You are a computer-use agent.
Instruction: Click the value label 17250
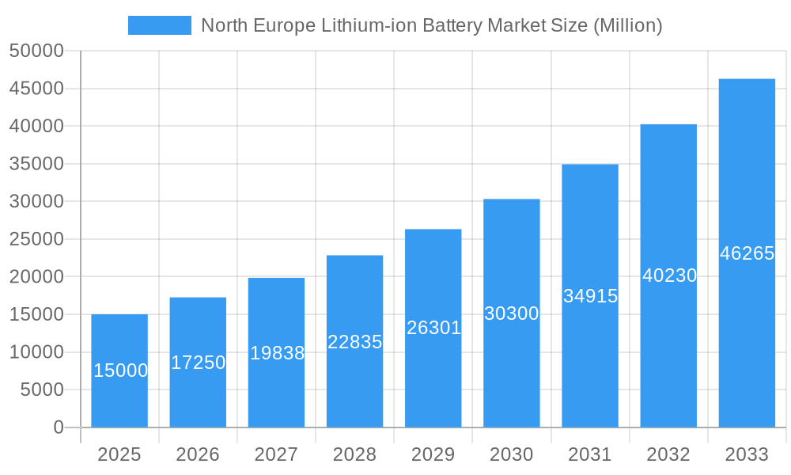[198, 363]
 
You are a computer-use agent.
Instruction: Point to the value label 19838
[277, 353]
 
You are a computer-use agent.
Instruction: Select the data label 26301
[433, 328]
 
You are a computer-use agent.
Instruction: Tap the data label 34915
[590, 296]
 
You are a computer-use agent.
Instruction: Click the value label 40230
[669, 275]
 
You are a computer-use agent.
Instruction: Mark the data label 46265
[747, 253]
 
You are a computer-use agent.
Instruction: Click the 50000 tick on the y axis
[36, 51]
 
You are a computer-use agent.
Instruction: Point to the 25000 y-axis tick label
[36, 239]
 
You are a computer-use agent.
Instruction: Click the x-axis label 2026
[198, 454]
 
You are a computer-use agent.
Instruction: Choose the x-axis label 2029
[433, 454]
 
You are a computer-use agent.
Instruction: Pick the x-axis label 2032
[668, 454]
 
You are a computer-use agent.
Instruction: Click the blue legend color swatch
[160, 25]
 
